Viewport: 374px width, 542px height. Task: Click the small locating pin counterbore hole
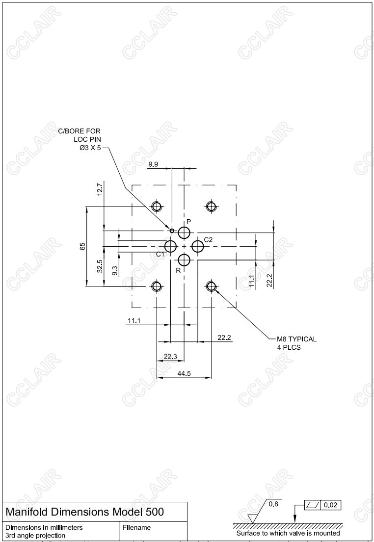pyautogui.click(x=172, y=230)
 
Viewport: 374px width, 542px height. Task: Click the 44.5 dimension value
pyautogui.click(x=184, y=373)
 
